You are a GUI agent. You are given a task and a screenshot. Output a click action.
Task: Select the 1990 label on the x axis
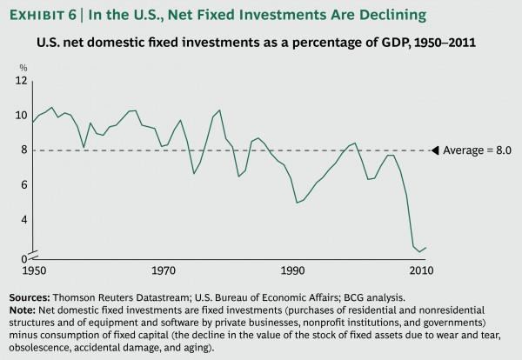(x=294, y=270)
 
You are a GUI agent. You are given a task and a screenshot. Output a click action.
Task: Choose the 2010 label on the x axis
(x=425, y=270)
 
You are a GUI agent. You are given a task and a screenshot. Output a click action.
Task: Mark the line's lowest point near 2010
(x=418, y=252)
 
